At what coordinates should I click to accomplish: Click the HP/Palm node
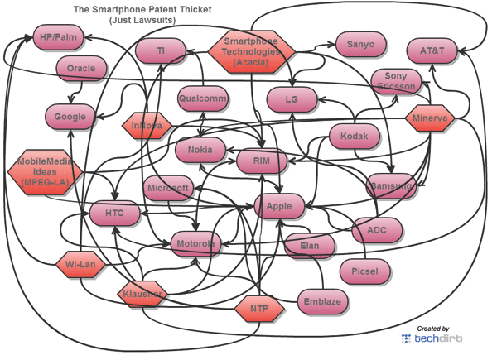tap(57, 37)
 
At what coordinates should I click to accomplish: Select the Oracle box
tap(81, 68)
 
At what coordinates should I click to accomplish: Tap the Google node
tap(70, 117)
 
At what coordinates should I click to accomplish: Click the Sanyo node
tap(360, 45)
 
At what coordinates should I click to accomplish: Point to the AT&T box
tap(432, 50)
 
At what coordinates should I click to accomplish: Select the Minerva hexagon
tap(430, 119)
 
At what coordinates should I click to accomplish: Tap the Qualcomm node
tap(202, 99)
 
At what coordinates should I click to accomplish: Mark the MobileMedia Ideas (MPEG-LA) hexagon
tap(41, 170)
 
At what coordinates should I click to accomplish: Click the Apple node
tap(280, 206)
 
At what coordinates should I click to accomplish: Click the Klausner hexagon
tap(143, 294)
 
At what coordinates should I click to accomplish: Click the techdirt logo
tap(432, 338)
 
